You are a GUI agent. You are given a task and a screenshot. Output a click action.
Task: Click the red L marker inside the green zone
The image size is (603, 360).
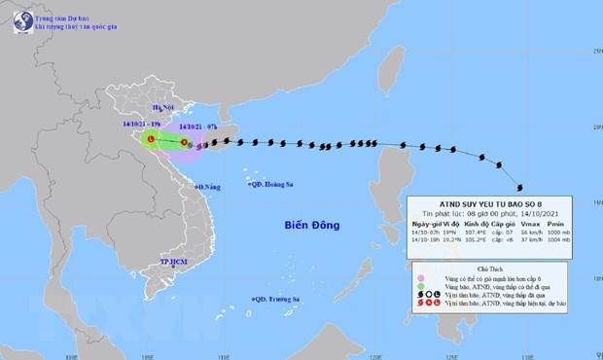coord(151,141)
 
